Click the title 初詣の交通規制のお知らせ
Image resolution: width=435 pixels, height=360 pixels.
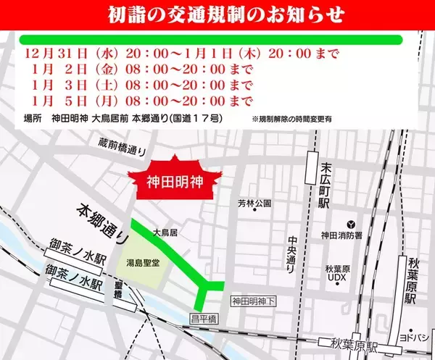218,14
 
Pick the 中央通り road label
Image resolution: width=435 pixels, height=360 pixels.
290,254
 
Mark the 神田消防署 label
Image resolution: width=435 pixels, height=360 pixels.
350,235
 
